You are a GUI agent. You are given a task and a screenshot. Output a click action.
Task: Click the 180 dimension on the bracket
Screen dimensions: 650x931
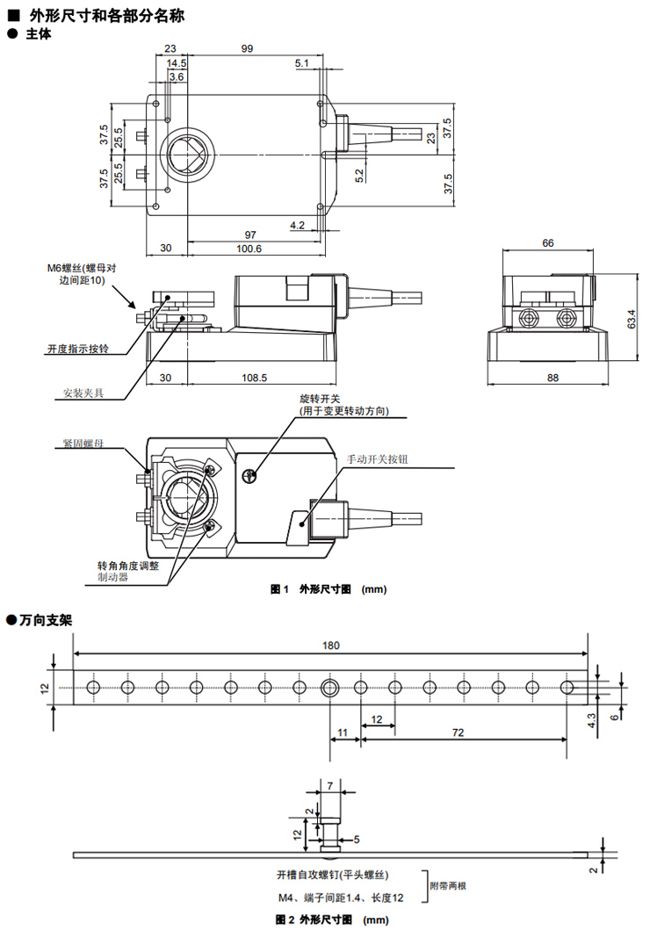click(x=330, y=646)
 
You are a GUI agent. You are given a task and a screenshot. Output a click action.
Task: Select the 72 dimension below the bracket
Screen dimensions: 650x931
click(x=458, y=733)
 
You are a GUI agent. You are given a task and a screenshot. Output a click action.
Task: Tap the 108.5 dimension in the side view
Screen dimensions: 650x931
click(x=254, y=378)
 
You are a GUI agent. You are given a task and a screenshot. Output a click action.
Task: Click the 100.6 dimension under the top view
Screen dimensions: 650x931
click(x=249, y=249)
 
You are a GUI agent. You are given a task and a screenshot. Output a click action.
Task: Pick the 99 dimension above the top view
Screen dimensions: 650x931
click(x=247, y=48)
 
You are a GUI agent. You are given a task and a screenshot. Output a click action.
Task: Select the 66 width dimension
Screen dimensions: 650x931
click(x=548, y=242)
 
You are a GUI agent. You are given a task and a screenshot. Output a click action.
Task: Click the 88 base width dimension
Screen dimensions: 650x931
click(x=552, y=378)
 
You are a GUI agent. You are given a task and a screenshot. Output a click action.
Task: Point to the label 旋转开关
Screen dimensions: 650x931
click(x=320, y=399)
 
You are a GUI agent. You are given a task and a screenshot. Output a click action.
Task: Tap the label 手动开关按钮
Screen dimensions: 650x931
click(x=378, y=459)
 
